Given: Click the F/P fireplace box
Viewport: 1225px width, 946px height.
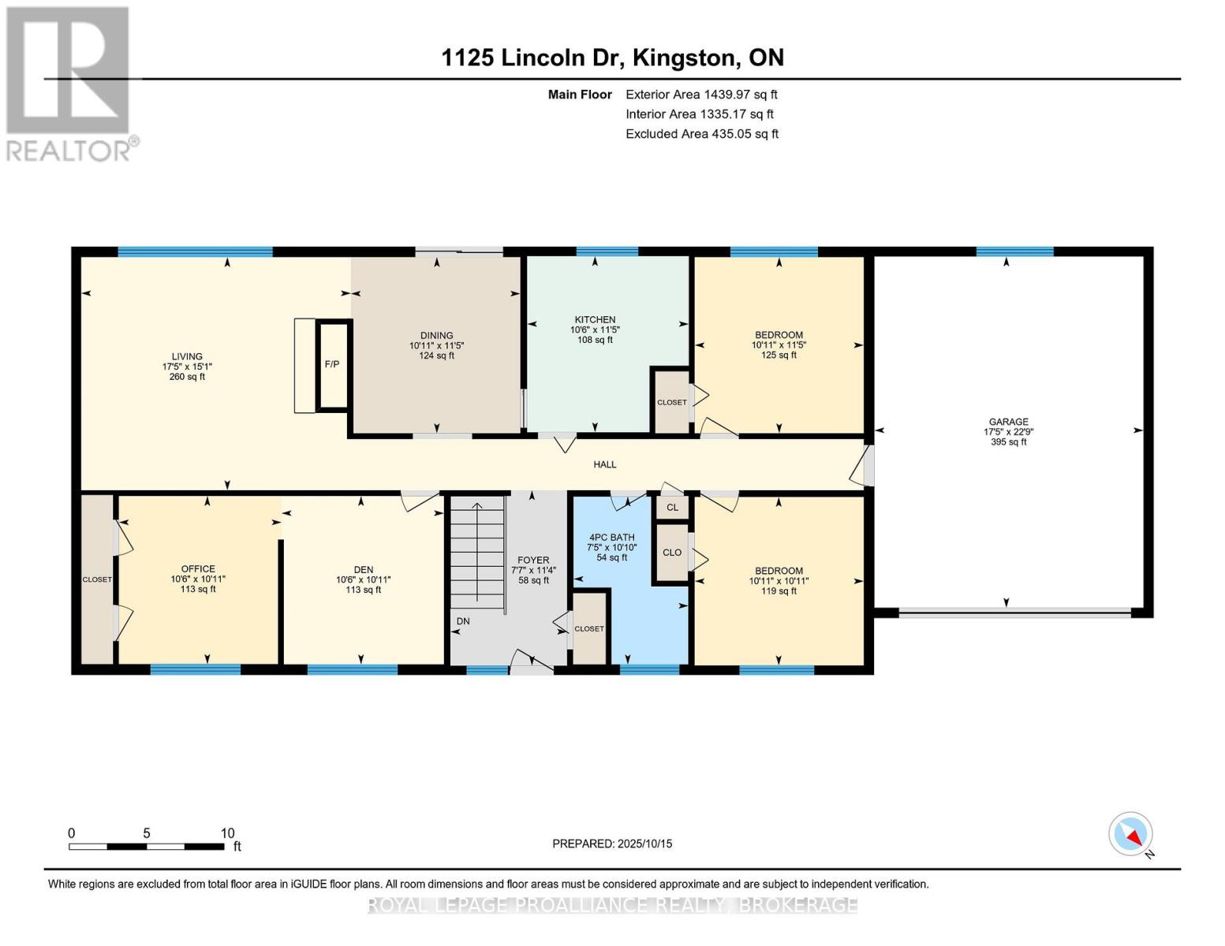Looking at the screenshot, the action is [x=333, y=364].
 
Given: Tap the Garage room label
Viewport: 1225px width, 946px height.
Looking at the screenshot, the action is [x=1009, y=422].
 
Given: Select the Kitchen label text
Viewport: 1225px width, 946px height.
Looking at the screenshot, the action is [x=595, y=319].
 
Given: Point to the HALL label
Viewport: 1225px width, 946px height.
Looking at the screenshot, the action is [x=605, y=464].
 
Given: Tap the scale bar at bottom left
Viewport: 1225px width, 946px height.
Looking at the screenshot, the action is [x=147, y=846].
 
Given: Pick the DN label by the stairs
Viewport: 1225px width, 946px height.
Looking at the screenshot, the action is [x=463, y=621].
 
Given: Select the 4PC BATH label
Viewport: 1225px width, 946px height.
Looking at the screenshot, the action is [x=611, y=538].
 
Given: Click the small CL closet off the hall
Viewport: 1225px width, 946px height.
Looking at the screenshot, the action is [x=673, y=507].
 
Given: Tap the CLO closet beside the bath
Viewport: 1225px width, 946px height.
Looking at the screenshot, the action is [x=673, y=553].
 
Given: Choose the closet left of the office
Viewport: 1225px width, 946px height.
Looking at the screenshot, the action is [x=97, y=579].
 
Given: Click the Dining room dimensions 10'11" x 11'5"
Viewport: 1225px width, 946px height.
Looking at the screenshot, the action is [x=436, y=345].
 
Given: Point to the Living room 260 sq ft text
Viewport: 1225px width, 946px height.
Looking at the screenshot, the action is [x=187, y=376].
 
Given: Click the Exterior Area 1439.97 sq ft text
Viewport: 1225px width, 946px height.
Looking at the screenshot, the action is [x=701, y=95].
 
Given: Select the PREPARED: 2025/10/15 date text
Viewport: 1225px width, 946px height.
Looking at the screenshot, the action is [x=612, y=844].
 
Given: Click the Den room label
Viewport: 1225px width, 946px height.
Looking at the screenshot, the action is [x=364, y=570].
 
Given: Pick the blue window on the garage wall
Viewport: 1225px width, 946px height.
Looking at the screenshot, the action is [x=1014, y=251].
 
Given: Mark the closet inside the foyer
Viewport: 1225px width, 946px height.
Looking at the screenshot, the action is [x=589, y=628].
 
